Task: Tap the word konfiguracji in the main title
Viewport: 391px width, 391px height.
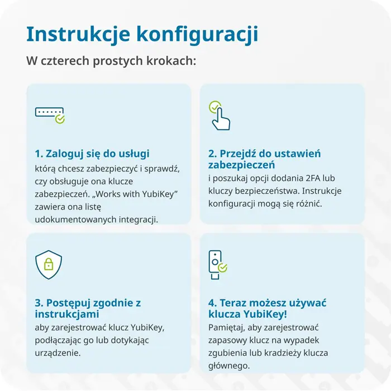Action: [197, 34]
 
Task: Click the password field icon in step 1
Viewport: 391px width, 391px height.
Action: [50, 114]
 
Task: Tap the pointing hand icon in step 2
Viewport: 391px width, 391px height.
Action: [219, 116]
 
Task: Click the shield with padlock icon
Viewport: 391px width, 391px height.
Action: [49, 264]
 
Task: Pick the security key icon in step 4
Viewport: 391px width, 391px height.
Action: [217, 265]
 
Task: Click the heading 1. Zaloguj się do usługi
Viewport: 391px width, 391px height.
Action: [92, 154]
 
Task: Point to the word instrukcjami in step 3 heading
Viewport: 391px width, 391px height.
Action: [68, 314]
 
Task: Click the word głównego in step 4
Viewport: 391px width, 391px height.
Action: [228, 366]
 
